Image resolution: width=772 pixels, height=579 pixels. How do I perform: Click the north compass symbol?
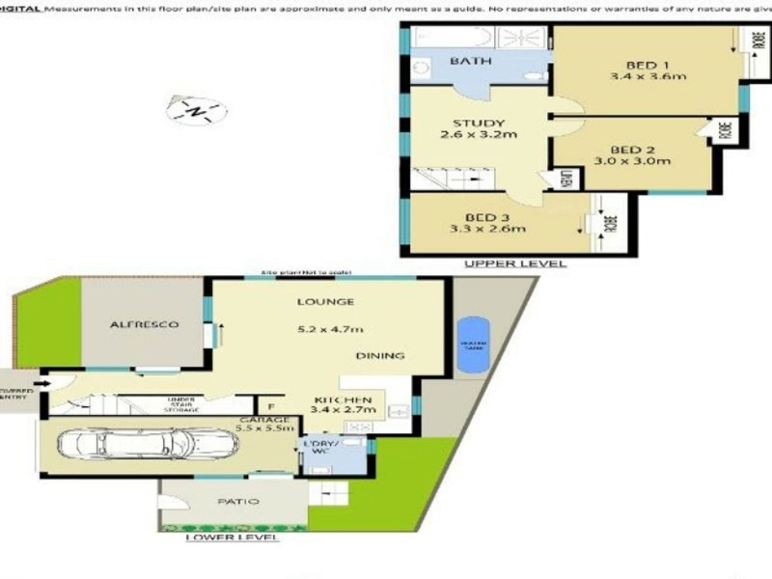tap(197, 111)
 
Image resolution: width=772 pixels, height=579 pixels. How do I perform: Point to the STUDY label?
tap(479, 123)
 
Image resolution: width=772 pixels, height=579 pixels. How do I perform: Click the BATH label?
tap(471, 61)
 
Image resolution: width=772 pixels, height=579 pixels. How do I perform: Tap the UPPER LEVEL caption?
tap(515, 263)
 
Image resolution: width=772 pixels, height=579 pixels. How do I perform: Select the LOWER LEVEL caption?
tap(232, 537)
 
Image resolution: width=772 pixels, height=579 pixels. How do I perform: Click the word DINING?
tap(379, 356)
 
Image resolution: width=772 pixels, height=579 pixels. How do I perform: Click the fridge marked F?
tap(270, 407)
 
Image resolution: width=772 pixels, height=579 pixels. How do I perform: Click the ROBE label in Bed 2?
tap(723, 129)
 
